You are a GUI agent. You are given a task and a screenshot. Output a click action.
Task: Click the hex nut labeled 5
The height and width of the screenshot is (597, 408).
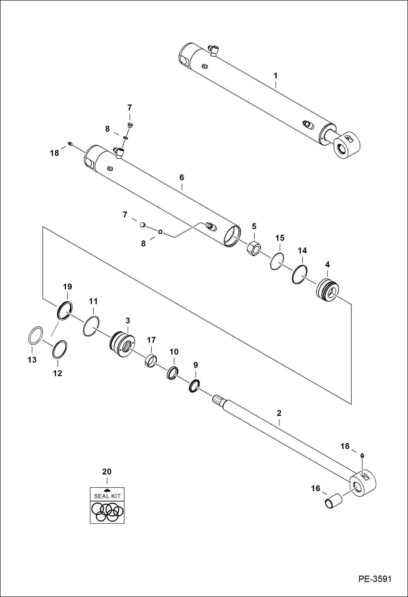click(254, 248)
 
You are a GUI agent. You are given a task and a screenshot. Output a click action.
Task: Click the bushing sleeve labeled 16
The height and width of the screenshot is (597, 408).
click(333, 501)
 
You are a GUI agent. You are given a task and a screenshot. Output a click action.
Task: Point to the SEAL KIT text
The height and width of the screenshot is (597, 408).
click(107, 496)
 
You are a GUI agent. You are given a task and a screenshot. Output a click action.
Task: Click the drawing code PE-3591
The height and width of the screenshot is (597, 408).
click(374, 579)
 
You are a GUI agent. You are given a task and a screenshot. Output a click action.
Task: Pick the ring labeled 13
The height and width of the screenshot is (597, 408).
click(36, 335)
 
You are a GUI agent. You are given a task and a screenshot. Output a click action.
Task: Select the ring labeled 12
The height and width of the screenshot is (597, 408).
click(60, 350)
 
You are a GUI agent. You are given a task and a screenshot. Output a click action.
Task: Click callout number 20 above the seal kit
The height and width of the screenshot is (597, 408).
click(107, 472)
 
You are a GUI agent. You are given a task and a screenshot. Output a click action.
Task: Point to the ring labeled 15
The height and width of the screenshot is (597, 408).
click(277, 261)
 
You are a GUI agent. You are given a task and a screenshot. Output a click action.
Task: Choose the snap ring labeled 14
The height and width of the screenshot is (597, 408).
click(300, 274)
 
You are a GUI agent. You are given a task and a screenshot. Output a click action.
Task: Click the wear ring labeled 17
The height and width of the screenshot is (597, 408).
click(151, 360)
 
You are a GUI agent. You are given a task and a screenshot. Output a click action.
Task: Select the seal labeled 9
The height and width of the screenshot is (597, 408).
click(194, 386)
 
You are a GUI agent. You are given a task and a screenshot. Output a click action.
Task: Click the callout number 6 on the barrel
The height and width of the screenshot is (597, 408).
click(182, 177)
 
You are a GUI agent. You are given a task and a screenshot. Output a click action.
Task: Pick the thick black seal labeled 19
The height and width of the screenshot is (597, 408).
click(65, 311)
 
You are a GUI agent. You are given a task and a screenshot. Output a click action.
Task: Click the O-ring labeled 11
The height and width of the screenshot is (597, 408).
click(91, 326)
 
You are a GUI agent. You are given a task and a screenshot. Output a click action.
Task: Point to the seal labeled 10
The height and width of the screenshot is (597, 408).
click(173, 373)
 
